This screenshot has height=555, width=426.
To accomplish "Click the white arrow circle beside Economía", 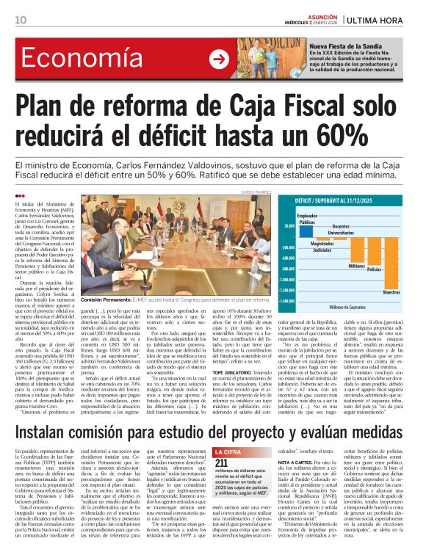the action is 218,59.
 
